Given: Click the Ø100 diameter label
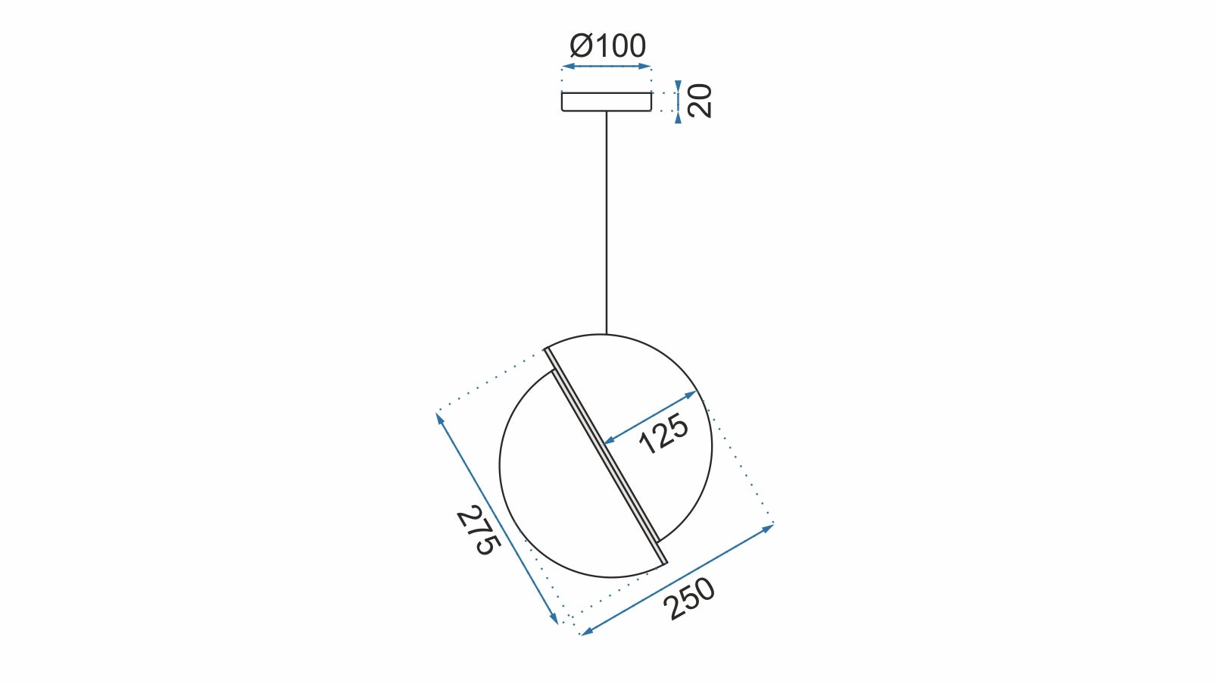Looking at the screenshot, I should click(x=607, y=46).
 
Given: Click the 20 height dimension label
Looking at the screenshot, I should click(x=701, y=101).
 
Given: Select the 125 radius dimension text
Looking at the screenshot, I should click(x=663, y=434).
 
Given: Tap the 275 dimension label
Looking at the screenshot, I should click(x=478, y=529).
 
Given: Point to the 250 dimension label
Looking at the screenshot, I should click(x=688, y=598).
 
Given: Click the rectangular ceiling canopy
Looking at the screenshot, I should click(x=606, y=102).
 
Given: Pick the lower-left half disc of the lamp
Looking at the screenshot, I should click(x=560, y=500).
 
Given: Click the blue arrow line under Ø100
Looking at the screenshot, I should click(x=606, y=67).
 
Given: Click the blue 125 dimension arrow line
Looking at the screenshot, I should click(x=650, y=417).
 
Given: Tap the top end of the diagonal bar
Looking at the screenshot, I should click(x=548, y=351).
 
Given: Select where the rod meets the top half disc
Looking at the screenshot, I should click(x=606, y=334).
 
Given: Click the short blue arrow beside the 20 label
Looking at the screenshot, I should click(x=678, y=102).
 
